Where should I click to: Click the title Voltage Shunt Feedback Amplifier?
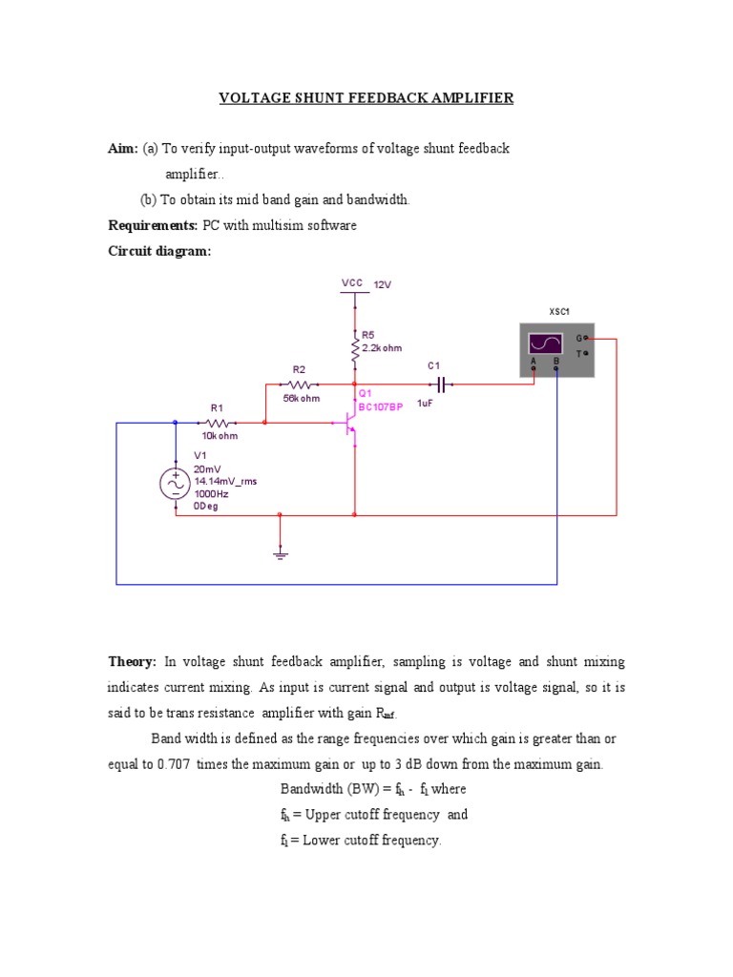pos(366,98)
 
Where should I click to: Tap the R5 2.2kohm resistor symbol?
pos(355,343)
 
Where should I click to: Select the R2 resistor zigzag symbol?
pos(298,385)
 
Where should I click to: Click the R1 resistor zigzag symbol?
pos(218,423)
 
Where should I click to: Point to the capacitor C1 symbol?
pos(440,385)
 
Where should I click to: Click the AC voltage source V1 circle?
pos(176,485)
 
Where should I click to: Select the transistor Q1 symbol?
pos(348,429)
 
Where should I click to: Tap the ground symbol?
pos(280,552)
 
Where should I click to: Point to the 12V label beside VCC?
pos(383,284)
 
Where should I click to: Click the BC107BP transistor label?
pos(381,406)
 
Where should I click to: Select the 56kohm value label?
pos(301,398)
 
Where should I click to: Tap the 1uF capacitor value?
pos(426,404)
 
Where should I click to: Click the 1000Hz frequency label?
pos(212,494)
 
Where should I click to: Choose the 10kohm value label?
pos(220,436)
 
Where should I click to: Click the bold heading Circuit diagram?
pos(157,251)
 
